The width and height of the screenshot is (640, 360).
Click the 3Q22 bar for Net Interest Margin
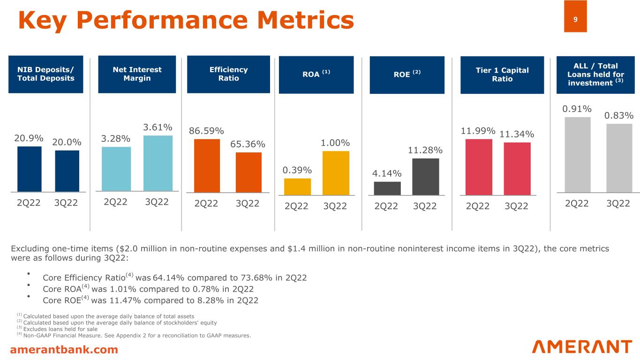(158, 163)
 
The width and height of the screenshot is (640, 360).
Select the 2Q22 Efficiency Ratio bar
(207, 166)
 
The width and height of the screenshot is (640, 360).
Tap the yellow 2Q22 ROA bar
(297, 187)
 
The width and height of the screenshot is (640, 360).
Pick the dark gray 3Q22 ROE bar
(425, 177)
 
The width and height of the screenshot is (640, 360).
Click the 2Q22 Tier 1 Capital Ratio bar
(479, 167)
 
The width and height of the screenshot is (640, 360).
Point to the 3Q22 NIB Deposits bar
(67, 171)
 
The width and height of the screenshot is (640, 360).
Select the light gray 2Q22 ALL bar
(578, 155)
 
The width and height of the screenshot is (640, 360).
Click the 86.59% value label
(206, 131)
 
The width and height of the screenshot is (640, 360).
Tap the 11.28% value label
(425, 150)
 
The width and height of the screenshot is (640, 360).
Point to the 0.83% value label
(619, 115)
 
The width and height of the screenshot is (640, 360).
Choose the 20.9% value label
(29, 138)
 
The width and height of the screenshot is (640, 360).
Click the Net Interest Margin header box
(137, 74)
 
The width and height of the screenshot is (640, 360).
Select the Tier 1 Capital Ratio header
(502, 75)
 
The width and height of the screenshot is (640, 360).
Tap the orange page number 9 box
(575, 16)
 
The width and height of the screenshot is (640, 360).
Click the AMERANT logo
(582, 347)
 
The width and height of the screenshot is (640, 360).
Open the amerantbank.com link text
(64, 349)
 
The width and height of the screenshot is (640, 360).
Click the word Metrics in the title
(306, 20)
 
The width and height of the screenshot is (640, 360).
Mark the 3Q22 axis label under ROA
(335, 206)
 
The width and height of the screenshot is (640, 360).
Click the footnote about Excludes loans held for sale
(57, 329)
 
